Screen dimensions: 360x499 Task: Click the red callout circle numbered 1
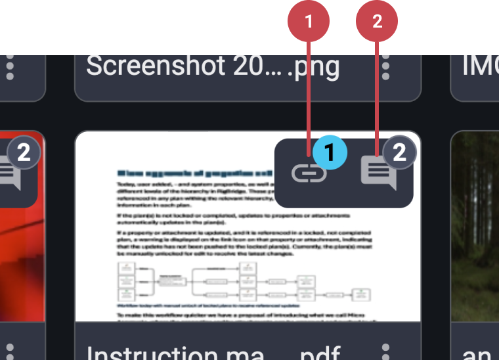309,22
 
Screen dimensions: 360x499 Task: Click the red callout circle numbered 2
377,22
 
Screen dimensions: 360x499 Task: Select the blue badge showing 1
330,152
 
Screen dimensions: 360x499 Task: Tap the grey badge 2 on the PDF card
399,152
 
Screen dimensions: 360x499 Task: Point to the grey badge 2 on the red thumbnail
23,152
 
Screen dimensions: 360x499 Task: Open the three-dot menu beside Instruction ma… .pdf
386,351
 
